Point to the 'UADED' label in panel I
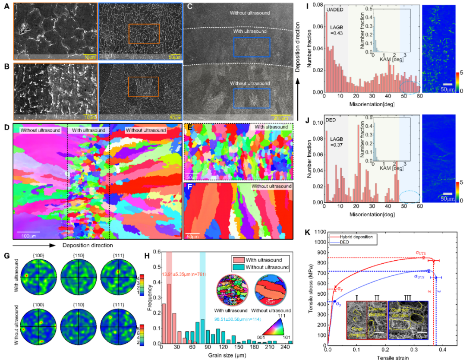333,9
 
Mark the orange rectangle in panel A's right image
144,34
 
